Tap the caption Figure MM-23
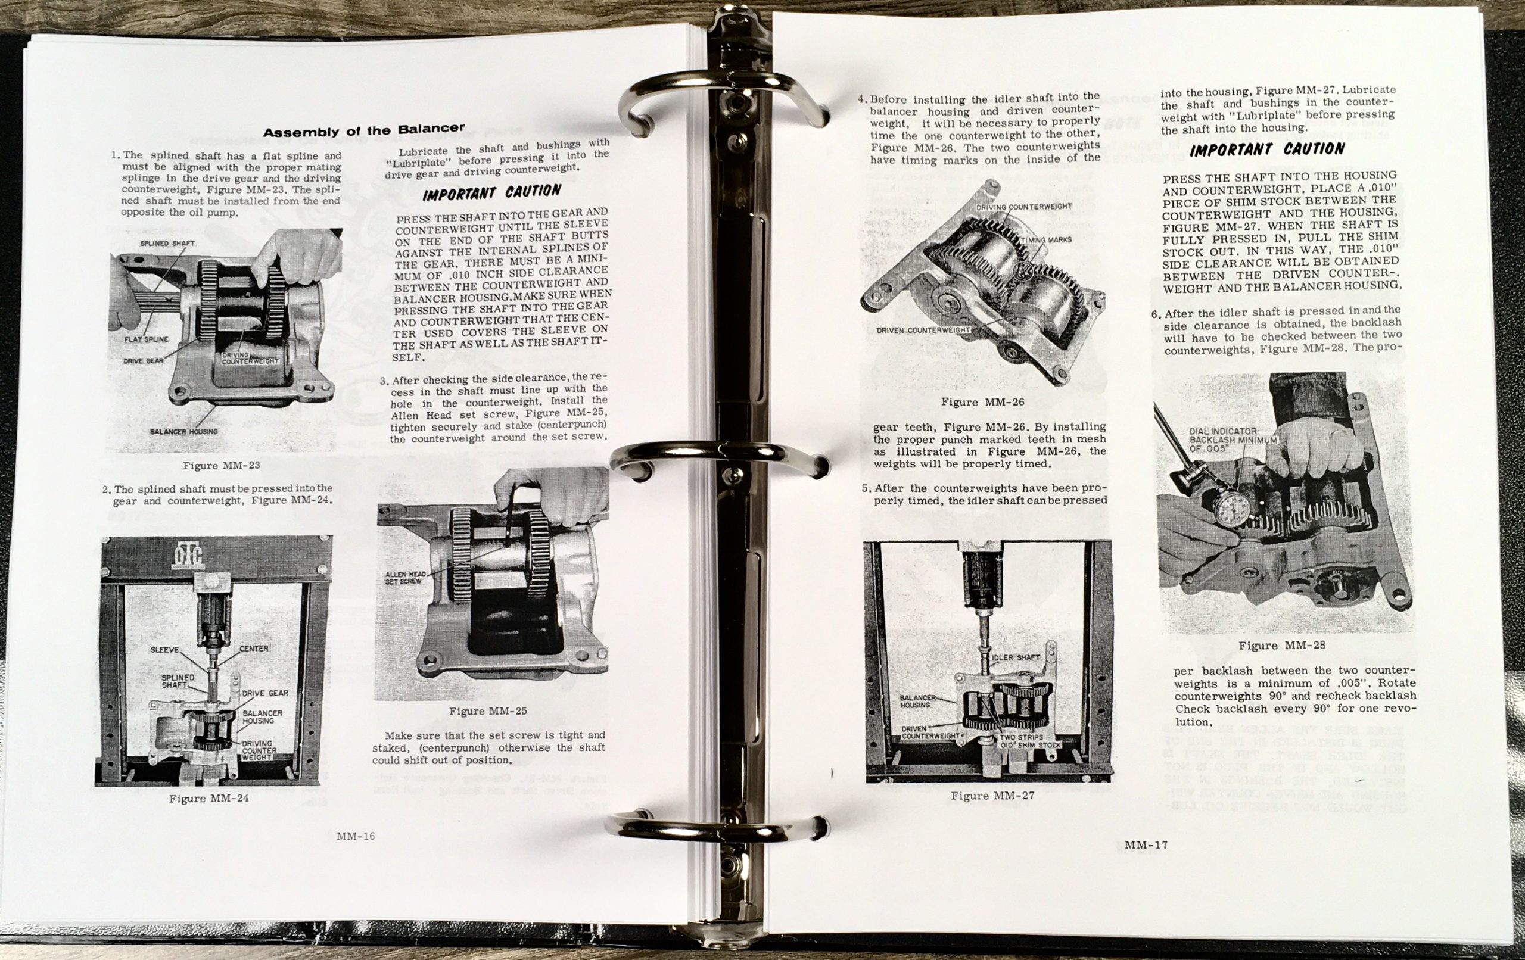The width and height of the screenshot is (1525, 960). [x=221, y=466]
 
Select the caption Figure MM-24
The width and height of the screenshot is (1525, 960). [x=208, y=799]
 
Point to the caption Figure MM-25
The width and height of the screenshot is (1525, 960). [x=488, y=711]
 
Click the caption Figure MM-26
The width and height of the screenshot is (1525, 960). [x=982, y=402]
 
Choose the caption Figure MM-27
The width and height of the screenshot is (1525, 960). [x=992, y=796]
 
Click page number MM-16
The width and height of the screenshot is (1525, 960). [x=355, y=837]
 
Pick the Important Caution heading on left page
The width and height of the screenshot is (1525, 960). [x=491, y=192]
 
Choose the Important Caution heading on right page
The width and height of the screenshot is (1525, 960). [x=1266, y=150]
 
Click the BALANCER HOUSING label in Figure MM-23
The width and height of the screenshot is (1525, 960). [x=183, y=431]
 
